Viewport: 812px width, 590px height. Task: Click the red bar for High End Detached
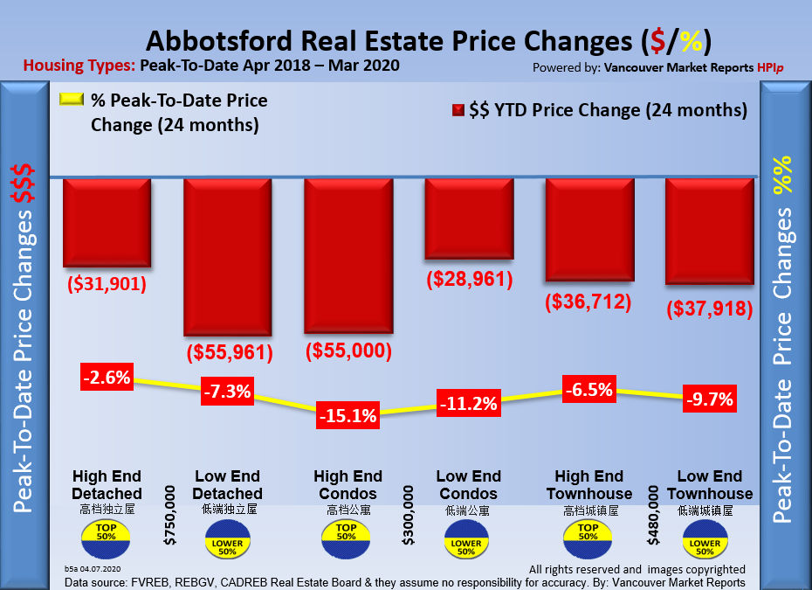click(107, 223)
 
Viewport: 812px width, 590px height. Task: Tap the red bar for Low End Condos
click(468, 219)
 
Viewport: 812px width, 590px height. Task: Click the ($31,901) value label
click(107, 285)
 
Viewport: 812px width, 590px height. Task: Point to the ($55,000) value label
click(348, 351)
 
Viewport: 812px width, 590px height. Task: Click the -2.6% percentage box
click(107, 378)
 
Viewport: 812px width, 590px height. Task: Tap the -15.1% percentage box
click(348, 416)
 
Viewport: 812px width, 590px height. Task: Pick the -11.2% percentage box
click(468, 404)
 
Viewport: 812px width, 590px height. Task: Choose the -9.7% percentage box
click(708, 400)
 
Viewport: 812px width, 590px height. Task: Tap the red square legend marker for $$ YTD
click(457, 111)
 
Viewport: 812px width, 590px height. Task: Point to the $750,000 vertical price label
click(169, 517)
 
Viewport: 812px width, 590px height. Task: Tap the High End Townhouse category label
click(588, 485)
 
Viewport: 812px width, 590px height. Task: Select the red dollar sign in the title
click(651, 41)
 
